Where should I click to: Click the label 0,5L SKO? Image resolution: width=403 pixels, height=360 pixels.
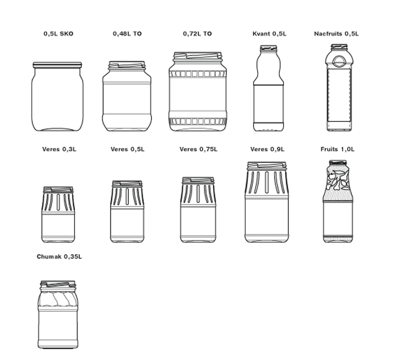pos(58,33)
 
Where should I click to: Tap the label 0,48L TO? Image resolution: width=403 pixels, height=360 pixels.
pos(127,33)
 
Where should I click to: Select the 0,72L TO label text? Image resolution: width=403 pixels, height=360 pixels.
pos(197,33)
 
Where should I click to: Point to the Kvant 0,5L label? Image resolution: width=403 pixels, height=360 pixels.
pos(269,33)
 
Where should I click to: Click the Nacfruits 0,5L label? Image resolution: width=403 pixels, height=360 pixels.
pos(336,33)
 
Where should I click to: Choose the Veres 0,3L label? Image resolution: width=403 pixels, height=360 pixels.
pos(59,149)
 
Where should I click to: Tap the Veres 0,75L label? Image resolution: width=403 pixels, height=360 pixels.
pos(199,149)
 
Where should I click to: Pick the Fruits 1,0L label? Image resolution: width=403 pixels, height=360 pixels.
pos(337,149)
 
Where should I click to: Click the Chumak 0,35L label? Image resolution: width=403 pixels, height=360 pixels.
pos(59,256)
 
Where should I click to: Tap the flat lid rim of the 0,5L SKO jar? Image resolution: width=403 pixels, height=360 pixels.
pos(58,65)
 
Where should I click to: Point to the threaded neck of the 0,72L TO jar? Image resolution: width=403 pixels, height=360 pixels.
pos(197,56)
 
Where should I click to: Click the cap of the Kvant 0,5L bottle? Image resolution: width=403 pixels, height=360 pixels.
pos(269,48)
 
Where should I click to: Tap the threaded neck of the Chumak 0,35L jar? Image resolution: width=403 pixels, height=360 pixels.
pos(58,286)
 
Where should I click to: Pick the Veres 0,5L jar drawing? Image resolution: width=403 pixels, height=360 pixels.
pos(127,211)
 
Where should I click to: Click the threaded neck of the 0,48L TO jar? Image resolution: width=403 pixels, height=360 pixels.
pos(127,65)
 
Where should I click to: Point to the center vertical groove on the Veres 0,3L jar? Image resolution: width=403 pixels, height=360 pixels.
pos(58,202)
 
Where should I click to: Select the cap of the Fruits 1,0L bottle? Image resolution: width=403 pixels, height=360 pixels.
pos(338,163)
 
